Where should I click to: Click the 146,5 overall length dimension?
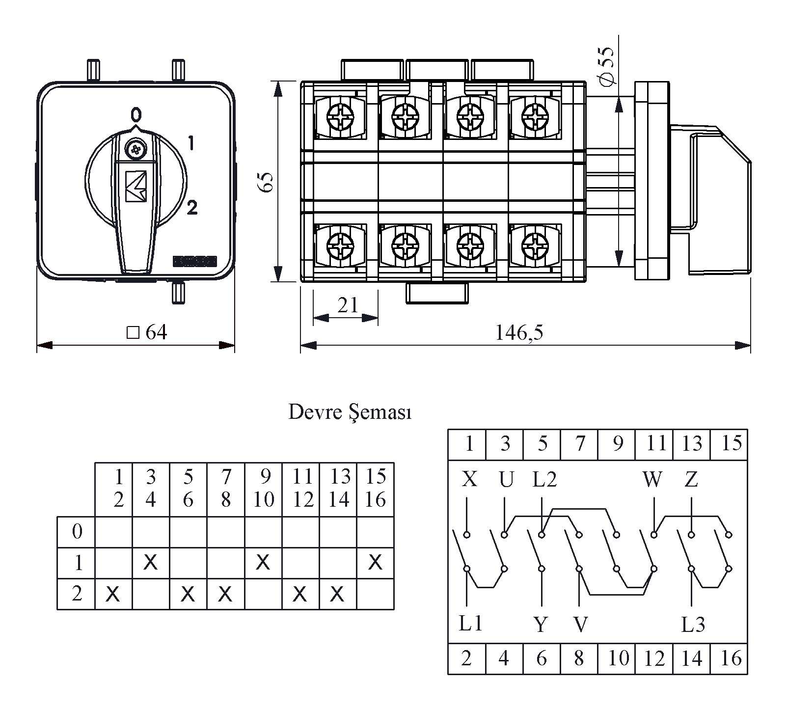[519, 333]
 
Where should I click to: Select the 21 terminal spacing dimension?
[348, 305]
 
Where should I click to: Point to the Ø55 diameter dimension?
[607, 66]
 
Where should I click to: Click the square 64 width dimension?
[147, 333]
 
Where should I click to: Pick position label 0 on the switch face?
[136, 114]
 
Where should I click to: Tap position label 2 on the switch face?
[192, 208]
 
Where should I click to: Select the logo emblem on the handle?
[136, 186]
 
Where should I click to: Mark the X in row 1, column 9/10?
[263, 562]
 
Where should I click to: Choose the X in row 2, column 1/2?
[113, 594]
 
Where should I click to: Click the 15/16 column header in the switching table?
[376, 489]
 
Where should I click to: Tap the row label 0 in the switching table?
[77, 532]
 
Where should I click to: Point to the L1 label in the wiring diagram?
[471, 624]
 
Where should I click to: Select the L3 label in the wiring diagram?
[693, 625]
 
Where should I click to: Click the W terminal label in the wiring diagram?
[652, 479]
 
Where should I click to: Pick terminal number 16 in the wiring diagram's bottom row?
[730, 658]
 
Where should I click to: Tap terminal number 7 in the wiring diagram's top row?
[580, 443]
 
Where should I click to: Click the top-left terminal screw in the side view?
[340, 117]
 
